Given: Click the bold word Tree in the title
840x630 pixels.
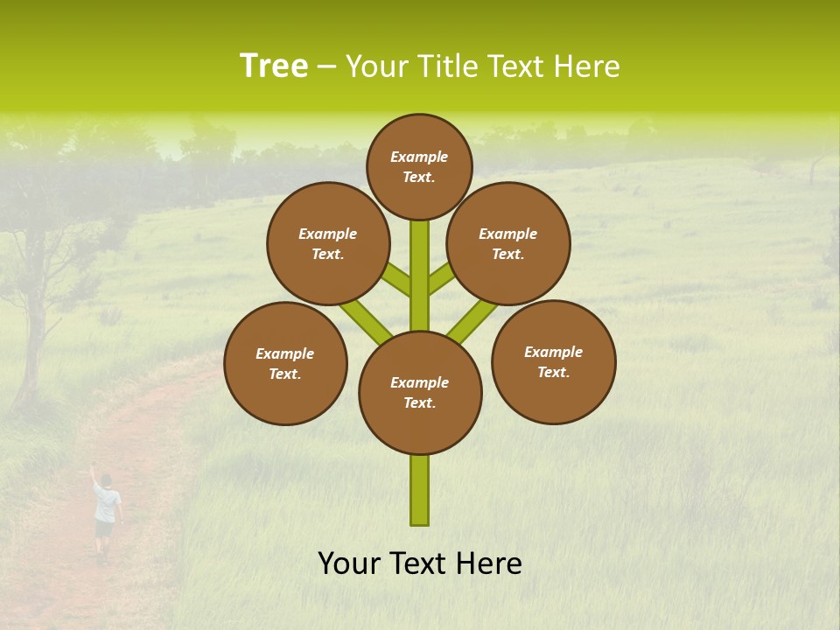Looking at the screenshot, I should point(274,66).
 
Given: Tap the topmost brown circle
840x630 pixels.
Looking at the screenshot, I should point(419,166).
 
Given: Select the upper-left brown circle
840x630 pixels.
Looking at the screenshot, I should point(327,243).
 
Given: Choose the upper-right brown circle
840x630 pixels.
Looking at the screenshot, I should point(508,243).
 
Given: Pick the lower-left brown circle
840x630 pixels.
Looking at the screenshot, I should point(285,363).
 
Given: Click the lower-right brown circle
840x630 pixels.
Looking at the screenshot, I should point(553,361).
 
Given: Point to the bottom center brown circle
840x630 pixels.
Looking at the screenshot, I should point(420,393).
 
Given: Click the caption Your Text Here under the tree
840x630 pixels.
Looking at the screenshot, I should point(420,563).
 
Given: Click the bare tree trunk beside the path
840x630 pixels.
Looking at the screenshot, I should point(28,350).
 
